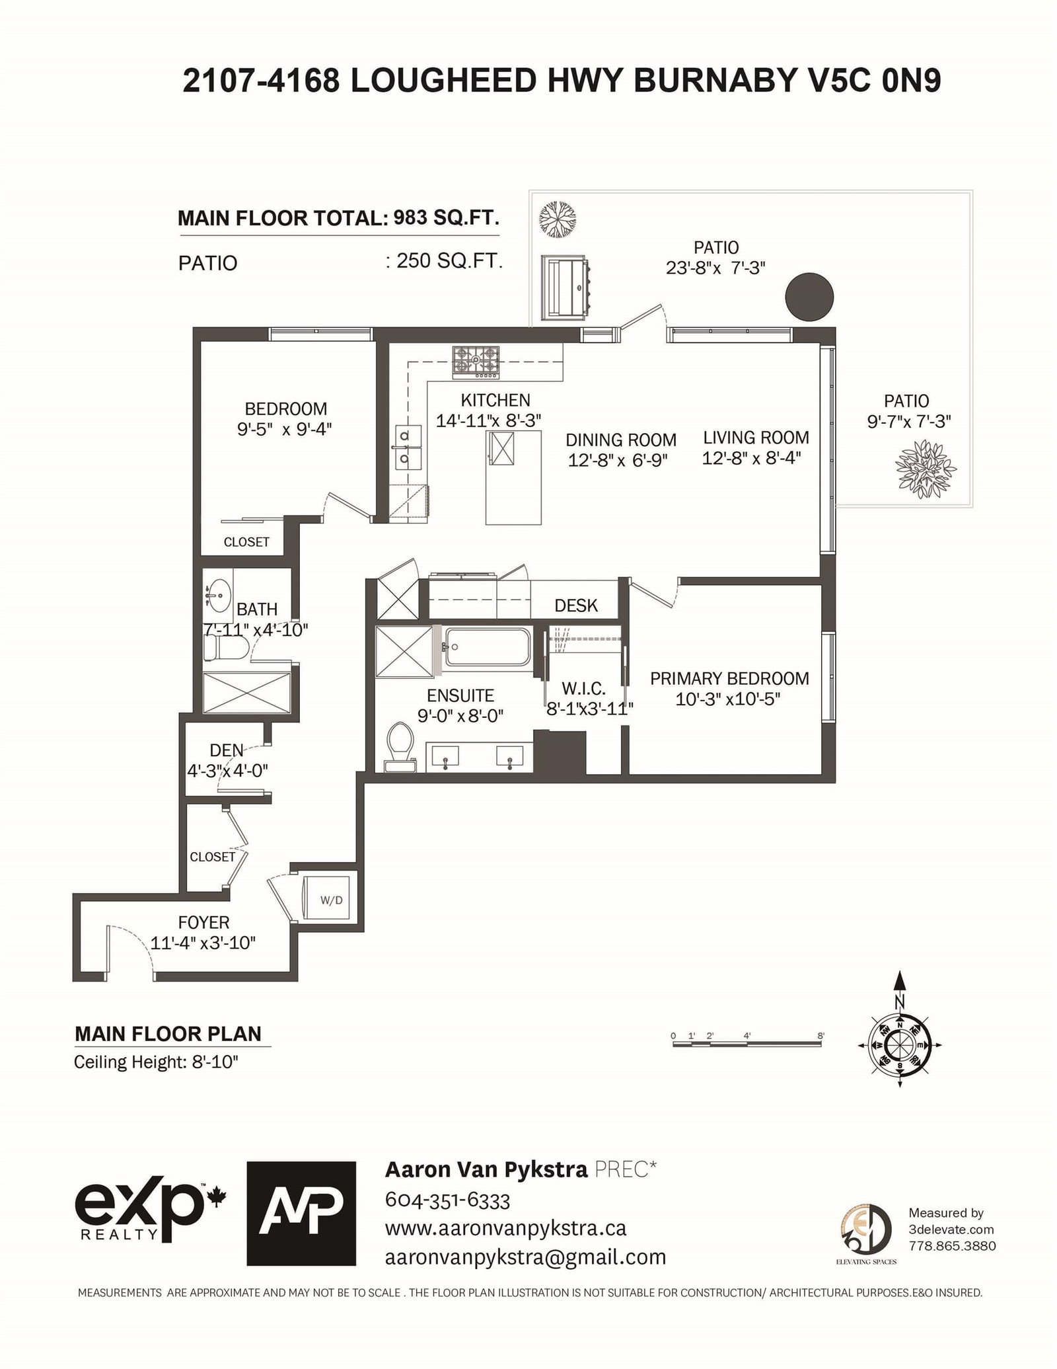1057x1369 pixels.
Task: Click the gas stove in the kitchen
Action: click(476, 363)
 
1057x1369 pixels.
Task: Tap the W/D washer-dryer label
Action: click(331, 900)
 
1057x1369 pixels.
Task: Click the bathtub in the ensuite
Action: click(488, 648)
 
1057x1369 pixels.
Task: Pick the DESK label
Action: click(576, 606)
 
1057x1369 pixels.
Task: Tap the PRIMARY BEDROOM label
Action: click(729, 678)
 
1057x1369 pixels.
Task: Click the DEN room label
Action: click(227, 750)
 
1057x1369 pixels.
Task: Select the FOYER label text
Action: click(203, 922)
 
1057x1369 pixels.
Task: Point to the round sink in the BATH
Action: click(217, 594)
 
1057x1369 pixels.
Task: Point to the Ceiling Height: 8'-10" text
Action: click(156, 1063)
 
